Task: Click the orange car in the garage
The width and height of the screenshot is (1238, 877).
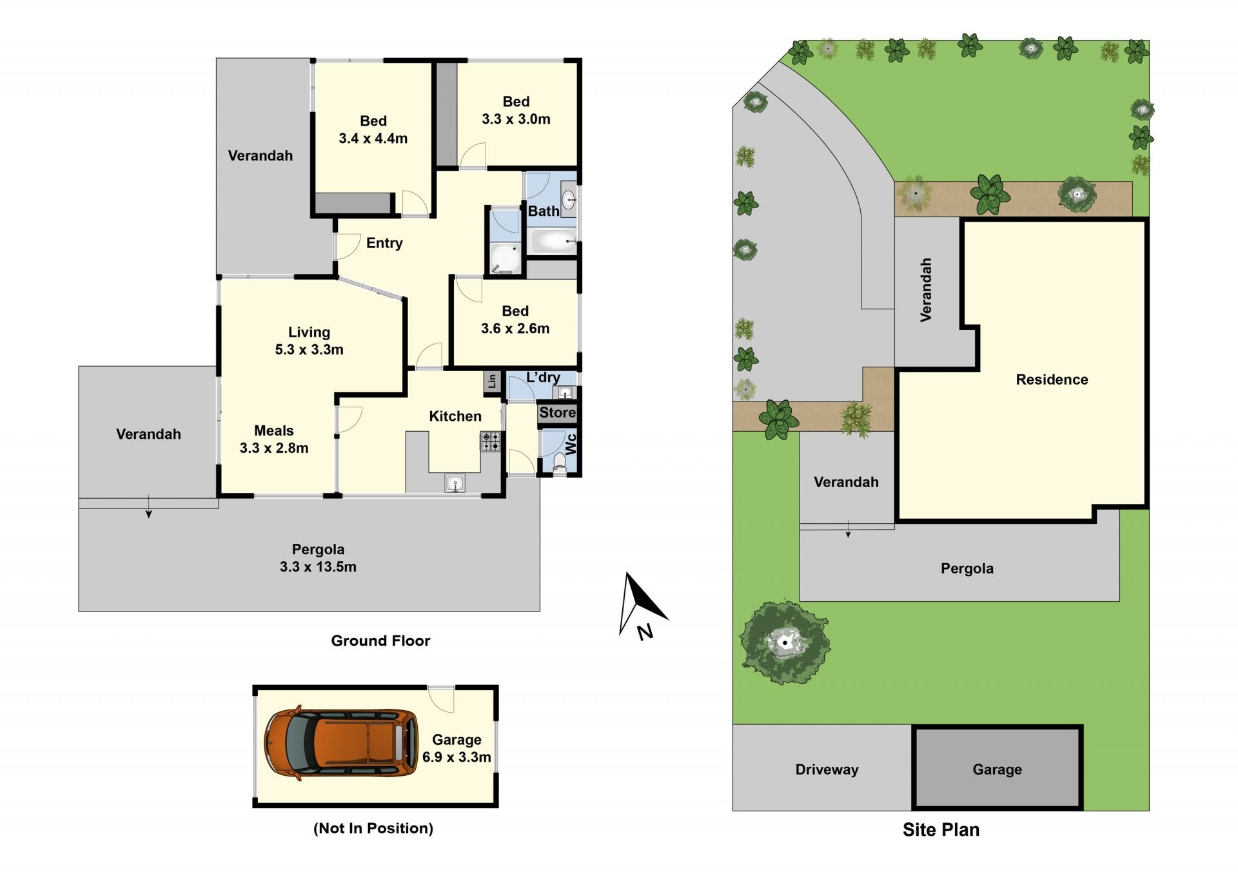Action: click(341, 744)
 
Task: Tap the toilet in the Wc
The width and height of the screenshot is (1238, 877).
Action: click(560, 463)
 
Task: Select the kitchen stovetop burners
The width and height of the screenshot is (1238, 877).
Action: click(490, 441)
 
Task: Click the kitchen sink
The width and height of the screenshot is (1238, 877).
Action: click(455, 483)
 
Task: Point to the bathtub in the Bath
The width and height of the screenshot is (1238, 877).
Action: click(554, 242)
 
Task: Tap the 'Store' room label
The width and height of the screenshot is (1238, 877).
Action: click(558, 412)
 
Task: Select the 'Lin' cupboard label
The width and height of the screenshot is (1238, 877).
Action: click(492, 381)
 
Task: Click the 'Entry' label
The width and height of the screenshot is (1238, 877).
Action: click(384, 243)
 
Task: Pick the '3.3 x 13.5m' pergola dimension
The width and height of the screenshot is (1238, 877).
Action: click(318, 567)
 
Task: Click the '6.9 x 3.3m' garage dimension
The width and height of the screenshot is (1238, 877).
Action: click(457, 757)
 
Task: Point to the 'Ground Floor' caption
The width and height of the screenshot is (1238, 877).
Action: click(380, 641)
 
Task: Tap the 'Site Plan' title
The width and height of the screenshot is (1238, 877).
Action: click(941, 830)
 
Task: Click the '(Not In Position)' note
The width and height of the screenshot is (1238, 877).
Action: click(373, 829)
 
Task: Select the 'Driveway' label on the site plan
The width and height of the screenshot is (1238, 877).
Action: click(827, 769)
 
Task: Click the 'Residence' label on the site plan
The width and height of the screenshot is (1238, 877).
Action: click(1052, 380)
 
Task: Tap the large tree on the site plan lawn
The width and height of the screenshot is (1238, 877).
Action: click(784, 642)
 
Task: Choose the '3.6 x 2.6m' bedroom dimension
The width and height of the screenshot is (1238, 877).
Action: click(515, 329)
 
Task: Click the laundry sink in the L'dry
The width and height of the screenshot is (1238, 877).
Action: click(565, 392)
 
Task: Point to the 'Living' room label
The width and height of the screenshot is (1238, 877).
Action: click(309, 332)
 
